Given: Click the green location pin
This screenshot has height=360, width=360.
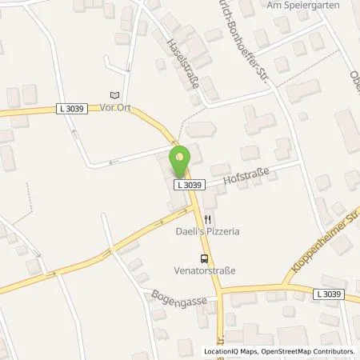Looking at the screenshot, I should coord(181,162).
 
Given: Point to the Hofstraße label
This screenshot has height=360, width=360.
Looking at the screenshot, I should coord(248,174).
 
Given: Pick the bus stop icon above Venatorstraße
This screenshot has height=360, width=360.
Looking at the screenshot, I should coord(206,258).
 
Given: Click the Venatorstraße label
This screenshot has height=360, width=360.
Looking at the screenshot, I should coord(206,270).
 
